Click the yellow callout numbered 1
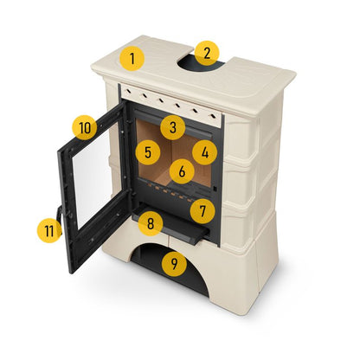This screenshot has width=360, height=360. (132, 58)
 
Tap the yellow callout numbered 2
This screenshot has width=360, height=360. (207, 53)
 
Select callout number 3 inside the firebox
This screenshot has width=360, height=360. (173, 127)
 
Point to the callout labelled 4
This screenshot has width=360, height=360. (205, 152)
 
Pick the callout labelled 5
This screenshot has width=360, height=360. (148, 152)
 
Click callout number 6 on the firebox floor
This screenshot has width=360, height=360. (182, 171)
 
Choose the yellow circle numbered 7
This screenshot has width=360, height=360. (202, 211)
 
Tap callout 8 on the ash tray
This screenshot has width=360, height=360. (151, 223)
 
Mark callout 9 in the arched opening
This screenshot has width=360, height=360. (174, 263)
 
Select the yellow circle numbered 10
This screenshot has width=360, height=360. (85, 127)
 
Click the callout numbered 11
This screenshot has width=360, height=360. (49, 231)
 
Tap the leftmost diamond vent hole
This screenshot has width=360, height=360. (128, 91)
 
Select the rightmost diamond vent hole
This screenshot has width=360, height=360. (213, 115)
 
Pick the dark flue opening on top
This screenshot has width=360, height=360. (202, 66)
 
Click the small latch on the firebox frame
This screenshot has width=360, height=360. (215, 189)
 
